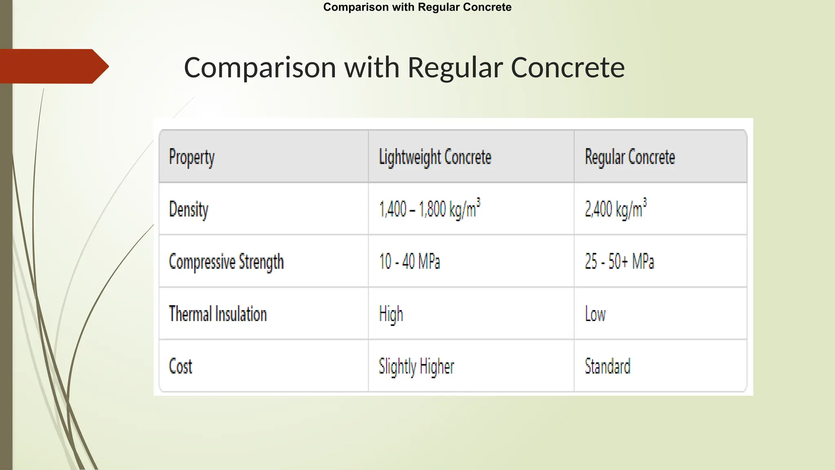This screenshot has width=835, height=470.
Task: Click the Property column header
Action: (x=192, y=157)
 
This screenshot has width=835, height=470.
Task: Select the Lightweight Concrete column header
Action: (x=435, y=157)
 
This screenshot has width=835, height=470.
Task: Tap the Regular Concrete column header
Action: (x=630, y=157)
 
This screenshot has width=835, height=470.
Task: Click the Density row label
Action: (x=188, y=210)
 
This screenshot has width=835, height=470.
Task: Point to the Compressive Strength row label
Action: (x=226, y=262)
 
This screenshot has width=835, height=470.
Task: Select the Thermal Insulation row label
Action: (x=218, y=314)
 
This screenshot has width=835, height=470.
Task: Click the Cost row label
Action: (x=180, y=366)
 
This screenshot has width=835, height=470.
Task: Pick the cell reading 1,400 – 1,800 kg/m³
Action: (x=430, y=209)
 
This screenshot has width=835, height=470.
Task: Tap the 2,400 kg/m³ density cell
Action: (x=616, y=209)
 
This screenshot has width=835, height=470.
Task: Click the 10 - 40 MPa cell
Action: (x=409, y=262)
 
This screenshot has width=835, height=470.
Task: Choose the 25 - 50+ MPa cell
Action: (x=619, y=262)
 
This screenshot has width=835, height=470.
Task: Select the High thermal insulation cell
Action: (x=391, y=315)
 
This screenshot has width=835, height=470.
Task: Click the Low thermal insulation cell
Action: (x=595, y=315)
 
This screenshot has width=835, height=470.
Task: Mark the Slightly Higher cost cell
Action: (x=416, y=366)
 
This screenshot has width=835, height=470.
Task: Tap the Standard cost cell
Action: (x=607, y=366)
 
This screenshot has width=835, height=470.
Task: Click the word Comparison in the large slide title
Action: (x=260, y=68)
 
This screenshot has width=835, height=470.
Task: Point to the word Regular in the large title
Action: (x=455, y=68)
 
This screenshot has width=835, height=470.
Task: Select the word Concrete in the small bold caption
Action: (x=487, y=7)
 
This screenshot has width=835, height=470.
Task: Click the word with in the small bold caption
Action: (x=404, y=7)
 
